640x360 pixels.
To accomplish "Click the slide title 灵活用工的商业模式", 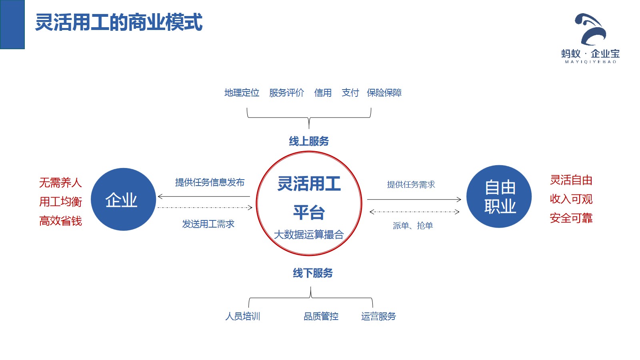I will click(x=119, y=22).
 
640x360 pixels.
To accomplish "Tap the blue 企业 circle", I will click(x=123, y=199).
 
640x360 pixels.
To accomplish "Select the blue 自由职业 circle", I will click(x=499, y=196).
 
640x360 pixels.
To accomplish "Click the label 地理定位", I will click(x=242, y=93).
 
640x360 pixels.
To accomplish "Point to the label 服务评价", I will click(x=286, y=93).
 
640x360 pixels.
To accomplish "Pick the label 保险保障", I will click(x=384, y=93).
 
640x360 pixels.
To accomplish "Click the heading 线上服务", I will click(x=309, y=141).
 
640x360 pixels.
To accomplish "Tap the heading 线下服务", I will click(x=313, y=273).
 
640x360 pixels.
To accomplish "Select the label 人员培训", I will click(x=243, y=316).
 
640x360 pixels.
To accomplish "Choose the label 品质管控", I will click(x=321, y=316).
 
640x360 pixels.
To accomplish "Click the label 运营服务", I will click(x=378, y=316).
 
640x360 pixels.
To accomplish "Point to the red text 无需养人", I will click(x=60, y=183).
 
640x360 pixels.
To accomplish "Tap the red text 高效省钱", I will click(x=60, y=221).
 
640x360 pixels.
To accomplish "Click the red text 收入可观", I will click(x=571, y=199).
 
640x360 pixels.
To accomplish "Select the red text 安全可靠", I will click(x=571, y=218).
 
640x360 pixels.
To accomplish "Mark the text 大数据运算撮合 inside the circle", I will click(x=309, y=234).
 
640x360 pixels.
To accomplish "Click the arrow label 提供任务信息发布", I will click(x=210, y=182).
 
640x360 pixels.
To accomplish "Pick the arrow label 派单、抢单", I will click(x=413, y=226).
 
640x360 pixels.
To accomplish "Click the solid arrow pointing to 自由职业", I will click(x=414, y=199).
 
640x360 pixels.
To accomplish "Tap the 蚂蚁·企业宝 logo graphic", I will click(x=591, y=30).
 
